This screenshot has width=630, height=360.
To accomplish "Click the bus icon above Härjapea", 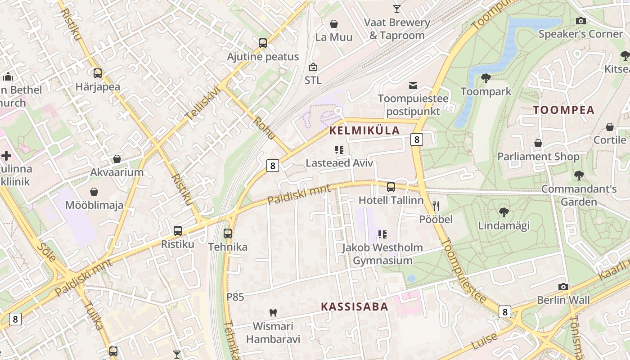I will point(98,73).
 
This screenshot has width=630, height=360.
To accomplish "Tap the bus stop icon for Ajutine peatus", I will point(263,44).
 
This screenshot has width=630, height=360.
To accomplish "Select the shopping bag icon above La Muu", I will point(334,24).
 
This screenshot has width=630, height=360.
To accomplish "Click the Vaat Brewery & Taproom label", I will point(397,29).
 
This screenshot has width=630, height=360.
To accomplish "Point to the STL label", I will point(313,80).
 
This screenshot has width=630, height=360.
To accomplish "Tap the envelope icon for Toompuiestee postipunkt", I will point(413,85).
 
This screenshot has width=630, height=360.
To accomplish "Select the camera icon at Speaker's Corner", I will point(581,21).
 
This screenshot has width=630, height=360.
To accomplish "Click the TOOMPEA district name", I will point(564,110).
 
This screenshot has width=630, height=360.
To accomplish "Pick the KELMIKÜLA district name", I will point(364,131).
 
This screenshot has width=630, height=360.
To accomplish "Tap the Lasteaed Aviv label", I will point(339,163).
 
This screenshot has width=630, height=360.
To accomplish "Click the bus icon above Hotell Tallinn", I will point(391,187).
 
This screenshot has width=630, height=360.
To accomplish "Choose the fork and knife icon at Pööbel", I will point(436,207).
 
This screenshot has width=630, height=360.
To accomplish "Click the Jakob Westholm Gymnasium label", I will point(382,254).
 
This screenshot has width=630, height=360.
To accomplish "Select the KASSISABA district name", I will point(354,307).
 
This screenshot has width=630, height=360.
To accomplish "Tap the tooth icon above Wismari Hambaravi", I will point(273,313).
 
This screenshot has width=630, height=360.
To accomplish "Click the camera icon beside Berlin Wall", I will point(563,287).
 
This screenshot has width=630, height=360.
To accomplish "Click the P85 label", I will point(235,297).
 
